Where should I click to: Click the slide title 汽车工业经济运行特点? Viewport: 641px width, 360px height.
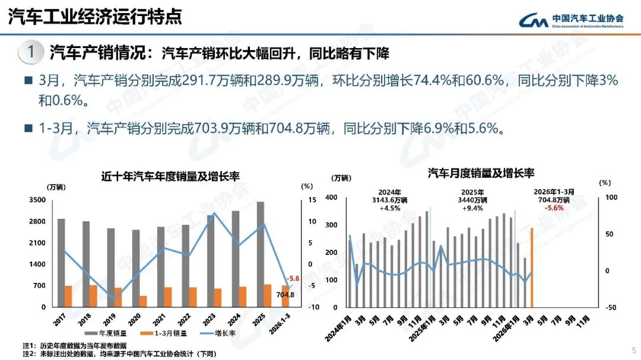click(95, 16)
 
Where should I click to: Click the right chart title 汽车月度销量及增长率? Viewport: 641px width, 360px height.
click(481, 173)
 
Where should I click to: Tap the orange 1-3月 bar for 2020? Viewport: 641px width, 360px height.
click(143, 301)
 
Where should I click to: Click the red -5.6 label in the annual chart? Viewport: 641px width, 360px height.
click(293, 279)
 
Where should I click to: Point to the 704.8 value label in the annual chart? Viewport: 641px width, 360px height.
click(285, 294)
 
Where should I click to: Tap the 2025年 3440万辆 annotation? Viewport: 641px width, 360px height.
click(472, 200)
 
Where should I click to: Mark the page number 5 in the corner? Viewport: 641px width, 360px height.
click(633, 350)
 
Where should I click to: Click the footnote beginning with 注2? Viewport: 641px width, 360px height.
click(119, 354)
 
